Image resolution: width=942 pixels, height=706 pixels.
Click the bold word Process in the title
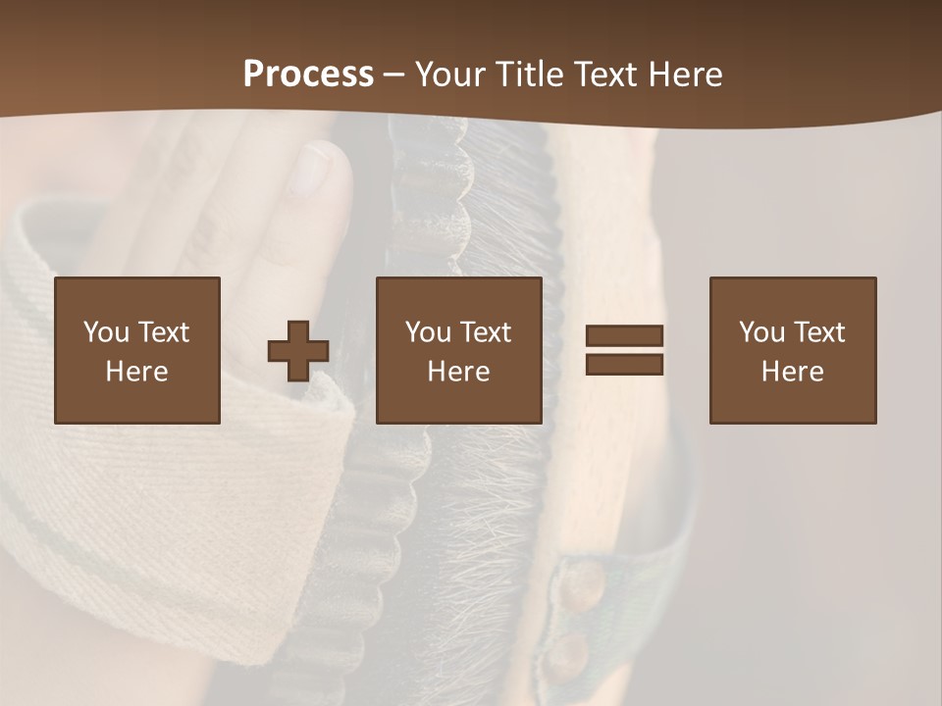tap(308, 75)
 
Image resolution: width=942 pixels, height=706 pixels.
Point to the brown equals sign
tap(624, 350)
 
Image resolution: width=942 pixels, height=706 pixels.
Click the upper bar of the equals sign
tap(624, 336)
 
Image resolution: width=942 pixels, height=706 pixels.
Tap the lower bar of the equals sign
tap(624, 364)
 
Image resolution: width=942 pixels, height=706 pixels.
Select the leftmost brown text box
tap(137, 350)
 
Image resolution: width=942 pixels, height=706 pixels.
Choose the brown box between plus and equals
tap(459, 350)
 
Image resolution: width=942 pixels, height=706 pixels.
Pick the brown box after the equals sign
tap(793, 350)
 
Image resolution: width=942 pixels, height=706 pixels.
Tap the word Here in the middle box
tap(459, 372)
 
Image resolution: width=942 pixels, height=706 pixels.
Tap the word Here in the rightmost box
tap(793, 372)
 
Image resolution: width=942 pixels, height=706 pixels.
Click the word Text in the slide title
tap(605, 75)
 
